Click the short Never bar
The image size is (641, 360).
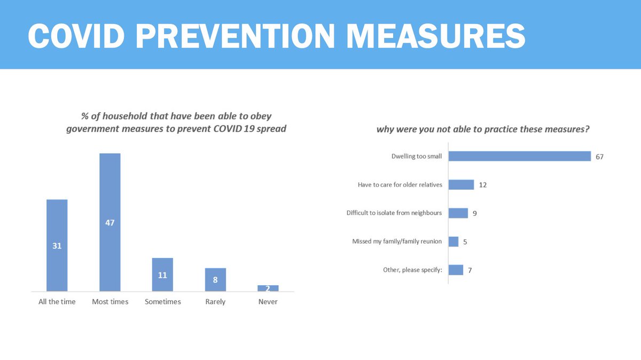point(268,288)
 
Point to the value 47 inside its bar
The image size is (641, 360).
point(110,223)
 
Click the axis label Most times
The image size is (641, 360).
point(110,302)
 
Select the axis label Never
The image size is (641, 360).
point(268,302)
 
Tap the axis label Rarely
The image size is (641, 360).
point(215,302)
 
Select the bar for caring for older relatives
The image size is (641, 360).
point(461,185)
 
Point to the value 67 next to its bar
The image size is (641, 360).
point(599,156)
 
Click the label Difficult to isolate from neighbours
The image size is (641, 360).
point(394,213)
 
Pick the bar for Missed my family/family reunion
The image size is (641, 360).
point(453,241)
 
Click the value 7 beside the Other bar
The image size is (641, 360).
point(470,270)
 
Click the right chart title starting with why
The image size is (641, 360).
point(487,129)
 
